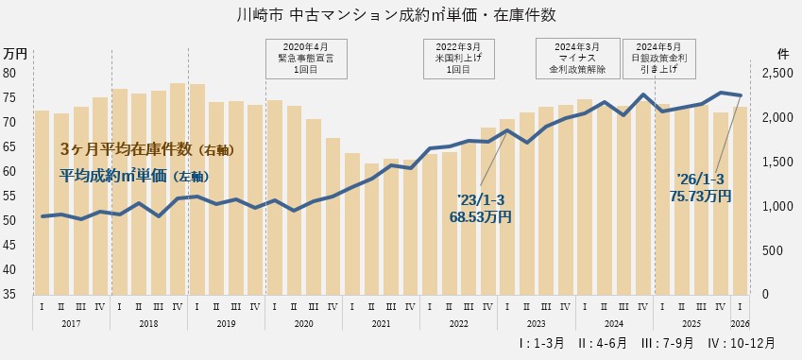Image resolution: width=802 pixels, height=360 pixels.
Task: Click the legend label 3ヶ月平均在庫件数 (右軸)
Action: (146, 149)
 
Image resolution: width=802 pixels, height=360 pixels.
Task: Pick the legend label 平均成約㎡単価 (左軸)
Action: (133, 176)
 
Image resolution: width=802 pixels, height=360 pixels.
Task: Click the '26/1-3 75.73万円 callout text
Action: (700, 187)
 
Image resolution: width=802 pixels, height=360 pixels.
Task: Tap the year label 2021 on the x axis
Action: (381, 323)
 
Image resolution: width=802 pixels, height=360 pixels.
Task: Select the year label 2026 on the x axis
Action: (741, 323)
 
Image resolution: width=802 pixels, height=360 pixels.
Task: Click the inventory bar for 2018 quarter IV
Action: (178, 189)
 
